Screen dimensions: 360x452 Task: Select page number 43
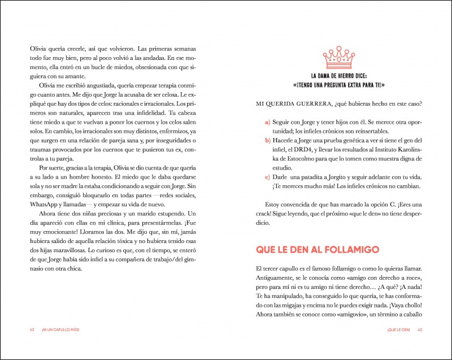(420, 329)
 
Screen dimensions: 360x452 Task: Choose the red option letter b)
(268, 139)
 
